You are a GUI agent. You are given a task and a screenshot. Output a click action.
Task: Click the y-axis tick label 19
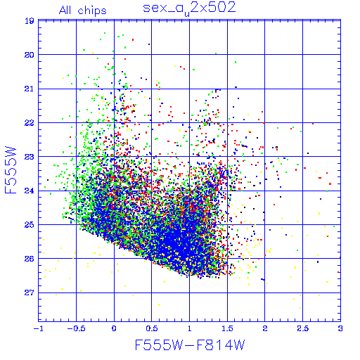pos(30,21)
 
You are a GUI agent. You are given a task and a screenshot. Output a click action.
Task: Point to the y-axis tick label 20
pos(30,55)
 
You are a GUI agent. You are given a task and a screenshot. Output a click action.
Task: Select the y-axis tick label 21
pos(30,89)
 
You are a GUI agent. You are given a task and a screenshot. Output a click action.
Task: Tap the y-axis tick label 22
pos(30,123)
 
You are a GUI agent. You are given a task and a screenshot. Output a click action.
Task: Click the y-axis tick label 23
pos(30,157)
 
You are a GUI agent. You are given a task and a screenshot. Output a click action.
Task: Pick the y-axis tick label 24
pos(30,191)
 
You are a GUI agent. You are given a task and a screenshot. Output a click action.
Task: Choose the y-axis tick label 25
pos(30,225)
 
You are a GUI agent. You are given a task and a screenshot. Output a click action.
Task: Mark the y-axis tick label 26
pos(30,259)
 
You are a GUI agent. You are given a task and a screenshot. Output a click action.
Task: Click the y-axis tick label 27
pos(30,292)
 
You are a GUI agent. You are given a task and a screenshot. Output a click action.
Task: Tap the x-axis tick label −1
pos(39,328)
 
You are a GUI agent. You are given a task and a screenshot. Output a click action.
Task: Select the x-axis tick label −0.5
pos(77,328)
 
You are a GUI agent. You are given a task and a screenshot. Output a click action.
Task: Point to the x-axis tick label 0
pos(114,328)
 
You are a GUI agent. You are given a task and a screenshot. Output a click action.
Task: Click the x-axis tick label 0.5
pos(152,328)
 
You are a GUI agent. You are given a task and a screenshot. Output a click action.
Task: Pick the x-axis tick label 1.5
pos(227,328)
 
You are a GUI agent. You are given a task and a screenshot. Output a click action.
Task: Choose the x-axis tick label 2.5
pos(303,328)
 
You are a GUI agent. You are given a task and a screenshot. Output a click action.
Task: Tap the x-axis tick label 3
pos(340,328)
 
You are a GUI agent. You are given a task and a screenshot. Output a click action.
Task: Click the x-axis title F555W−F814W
pos(190,345)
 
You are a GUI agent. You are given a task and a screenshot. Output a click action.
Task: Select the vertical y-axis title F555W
pos(11,170)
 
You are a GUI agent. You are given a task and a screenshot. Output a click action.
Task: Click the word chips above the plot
pos(92,11)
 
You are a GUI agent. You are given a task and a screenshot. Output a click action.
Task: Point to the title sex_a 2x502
pos(189,8)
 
